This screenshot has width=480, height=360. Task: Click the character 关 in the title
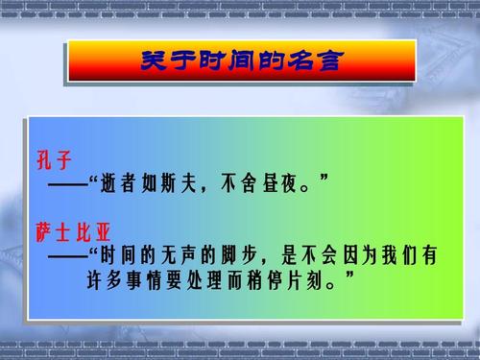pyautogui.click(x=156, y=61)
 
